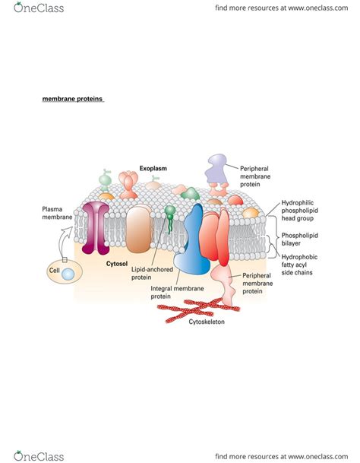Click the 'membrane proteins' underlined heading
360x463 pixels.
pos(72,99)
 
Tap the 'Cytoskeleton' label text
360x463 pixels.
pos(207,322)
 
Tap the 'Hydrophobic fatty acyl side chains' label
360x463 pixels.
pos(301,265)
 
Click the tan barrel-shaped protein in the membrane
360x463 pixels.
pos(138,229)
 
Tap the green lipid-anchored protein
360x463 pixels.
pos(170,211)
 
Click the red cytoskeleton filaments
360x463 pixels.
pos(197,307)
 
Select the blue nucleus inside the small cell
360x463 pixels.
pos(68,273)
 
